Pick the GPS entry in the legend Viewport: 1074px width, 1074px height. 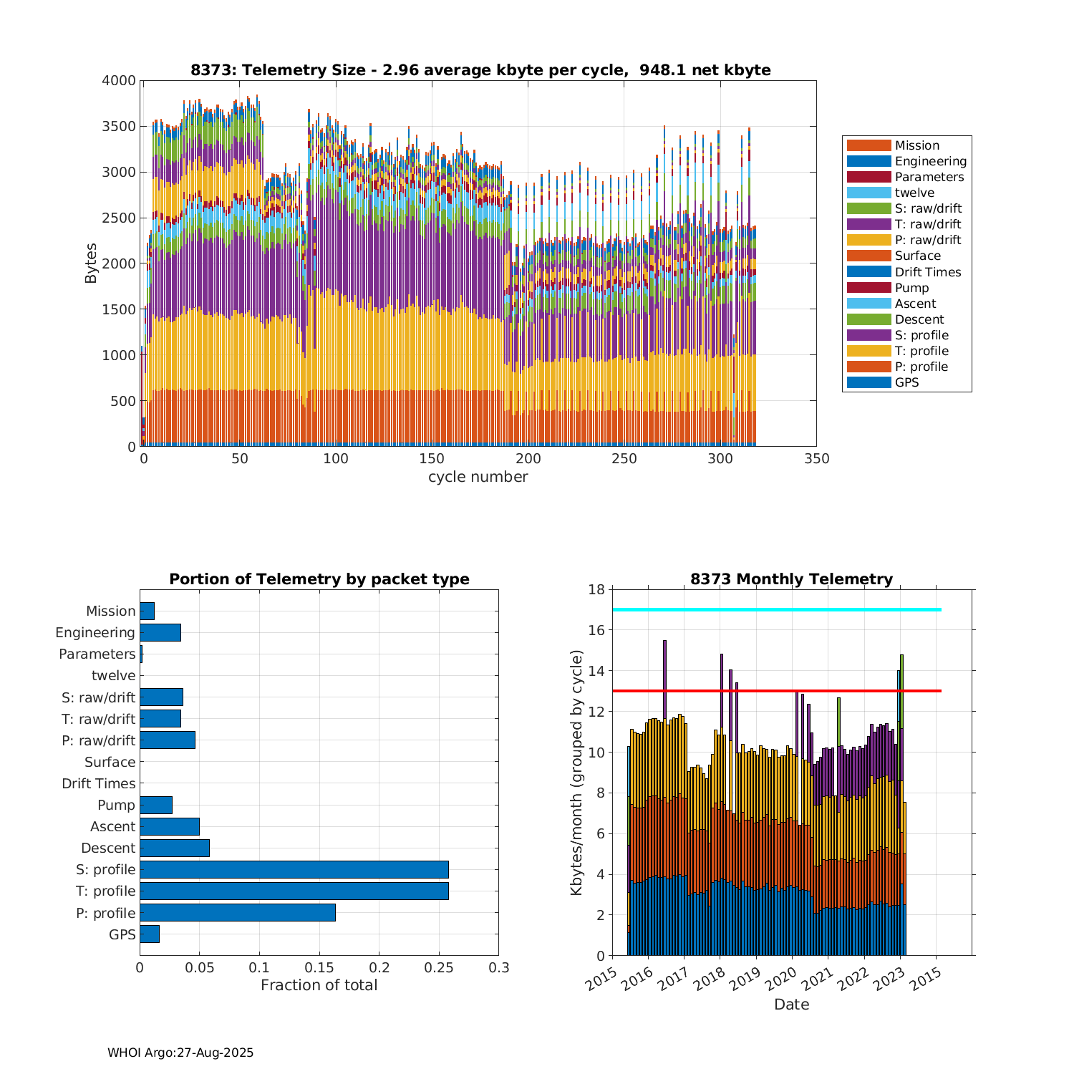tap(906, 382)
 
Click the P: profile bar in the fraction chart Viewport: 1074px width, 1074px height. tap(237, 912)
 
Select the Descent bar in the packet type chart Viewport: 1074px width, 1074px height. tap(174, 848)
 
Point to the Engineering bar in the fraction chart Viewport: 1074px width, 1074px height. tap(160, 632)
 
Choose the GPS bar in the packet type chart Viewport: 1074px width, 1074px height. tap(149, 934)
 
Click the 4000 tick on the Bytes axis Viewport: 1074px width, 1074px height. tap(119, 81)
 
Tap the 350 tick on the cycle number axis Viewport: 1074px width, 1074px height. tap(816, 459)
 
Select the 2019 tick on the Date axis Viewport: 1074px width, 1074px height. tap(746, 979)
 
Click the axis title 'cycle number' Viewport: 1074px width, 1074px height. tap(478, 477)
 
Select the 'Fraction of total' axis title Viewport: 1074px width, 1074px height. tap(319, 985)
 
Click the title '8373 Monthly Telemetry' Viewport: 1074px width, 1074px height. tap(791, 579)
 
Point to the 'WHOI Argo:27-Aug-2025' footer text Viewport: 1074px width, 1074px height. tap(180, 1053)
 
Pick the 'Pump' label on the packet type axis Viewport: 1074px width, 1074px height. tap(116, 805)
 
